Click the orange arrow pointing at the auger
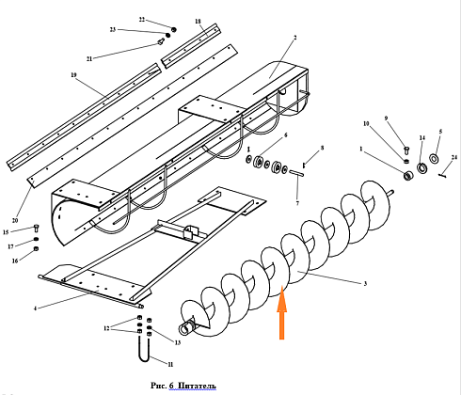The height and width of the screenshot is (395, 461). (281, 312)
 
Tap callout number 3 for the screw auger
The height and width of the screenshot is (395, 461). (365, 284)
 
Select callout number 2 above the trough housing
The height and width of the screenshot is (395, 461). (295, 38)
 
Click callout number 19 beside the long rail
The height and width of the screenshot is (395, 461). (73, 75)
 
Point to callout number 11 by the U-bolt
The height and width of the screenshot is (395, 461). (170, 364)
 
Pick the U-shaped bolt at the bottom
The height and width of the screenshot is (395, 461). (144, 349)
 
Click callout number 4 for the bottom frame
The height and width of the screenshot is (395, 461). (35, 308)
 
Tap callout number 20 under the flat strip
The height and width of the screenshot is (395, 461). (15, 220)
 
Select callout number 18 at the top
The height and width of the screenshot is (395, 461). (198, 22)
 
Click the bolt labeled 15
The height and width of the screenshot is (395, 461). (36, 229)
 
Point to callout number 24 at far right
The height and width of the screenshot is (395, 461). (454, 158)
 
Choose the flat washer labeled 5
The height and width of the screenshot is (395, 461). (434, 159)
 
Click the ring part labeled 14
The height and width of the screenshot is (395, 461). (422, 167)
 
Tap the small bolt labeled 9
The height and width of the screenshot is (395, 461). (406, 150)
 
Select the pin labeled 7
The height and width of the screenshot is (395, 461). (296, 172)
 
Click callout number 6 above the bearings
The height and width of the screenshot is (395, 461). (285, 135)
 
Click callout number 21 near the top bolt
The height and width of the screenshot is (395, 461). (89, 58)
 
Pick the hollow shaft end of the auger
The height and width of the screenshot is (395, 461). (187, 327)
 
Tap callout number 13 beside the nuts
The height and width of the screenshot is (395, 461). (178, 342)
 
